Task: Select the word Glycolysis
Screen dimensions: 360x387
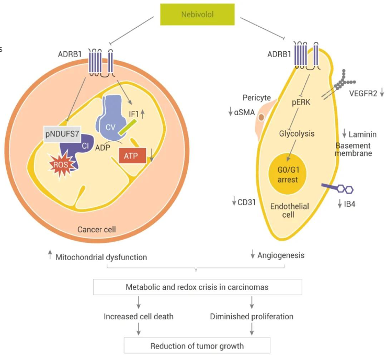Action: pyautogui.click(x=296, y=133)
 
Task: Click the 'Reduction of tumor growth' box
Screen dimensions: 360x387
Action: pyautogui.click(x=197, y=346)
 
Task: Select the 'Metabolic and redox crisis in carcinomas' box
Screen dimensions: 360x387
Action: pyautogui.click(x=197, y=287)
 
